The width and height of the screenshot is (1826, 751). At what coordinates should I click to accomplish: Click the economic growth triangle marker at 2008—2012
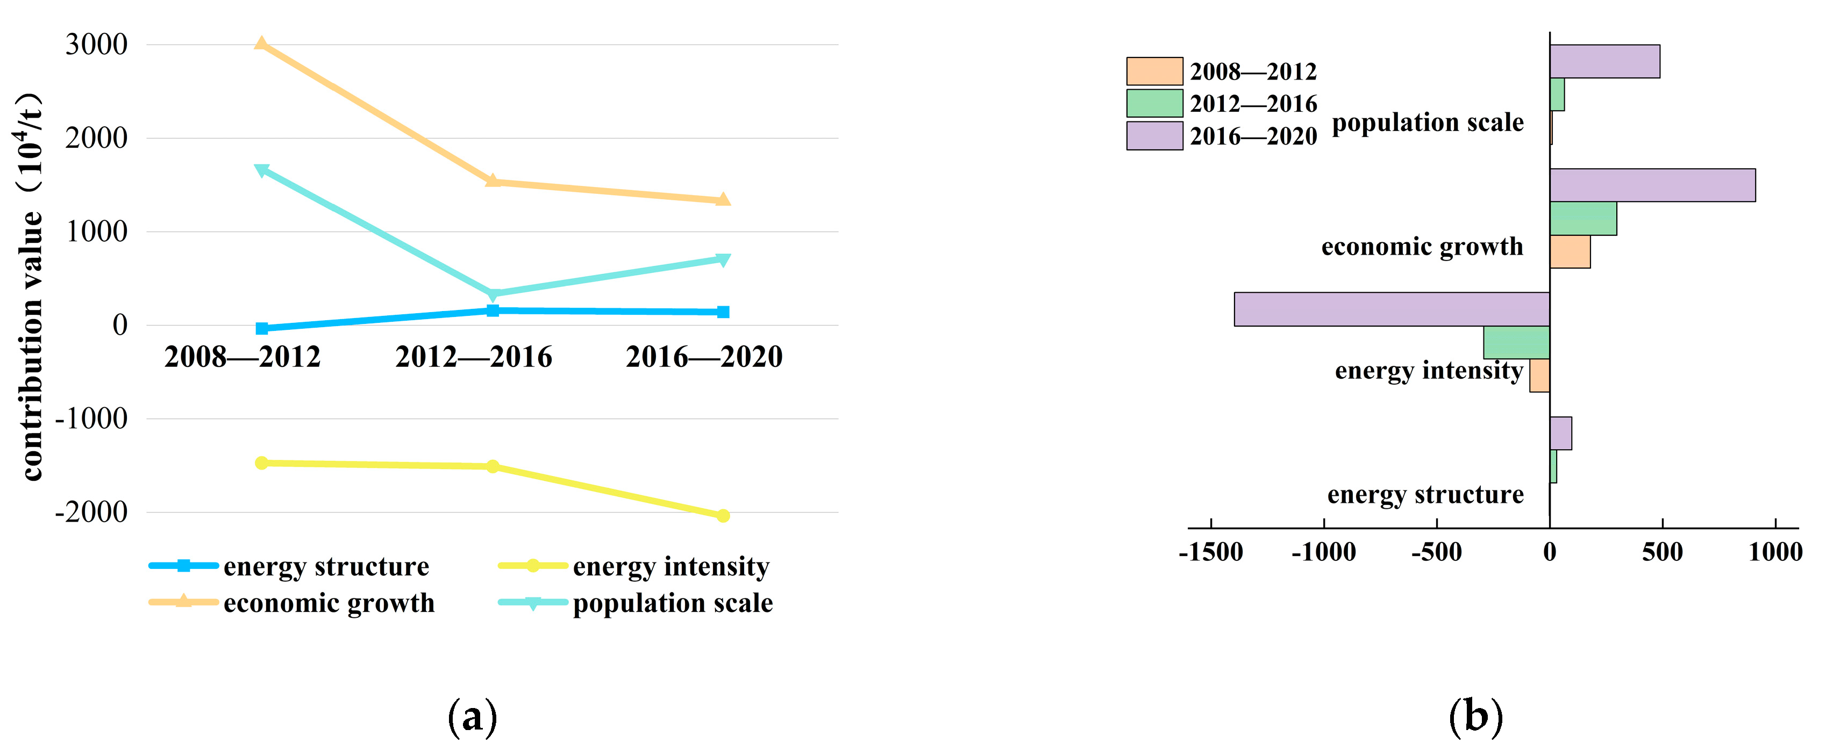point(261,45)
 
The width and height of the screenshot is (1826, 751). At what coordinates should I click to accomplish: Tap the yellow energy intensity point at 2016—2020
point(722,516)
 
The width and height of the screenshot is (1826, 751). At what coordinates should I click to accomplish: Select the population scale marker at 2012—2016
point(494,294)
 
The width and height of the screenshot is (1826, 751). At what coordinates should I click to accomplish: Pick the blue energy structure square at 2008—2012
point(261,328)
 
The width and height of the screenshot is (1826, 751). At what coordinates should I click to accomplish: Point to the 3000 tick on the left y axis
point(96,45)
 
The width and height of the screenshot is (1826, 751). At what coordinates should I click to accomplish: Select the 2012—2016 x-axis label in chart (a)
point(474,356)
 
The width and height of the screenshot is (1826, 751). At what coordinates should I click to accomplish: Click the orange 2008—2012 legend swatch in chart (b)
point(1154,71)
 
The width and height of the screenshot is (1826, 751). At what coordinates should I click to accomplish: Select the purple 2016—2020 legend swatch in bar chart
point(1154,136)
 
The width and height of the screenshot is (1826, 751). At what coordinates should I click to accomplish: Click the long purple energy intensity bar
point(1391,309)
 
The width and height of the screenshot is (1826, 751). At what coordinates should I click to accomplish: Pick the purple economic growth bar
point(1652,185)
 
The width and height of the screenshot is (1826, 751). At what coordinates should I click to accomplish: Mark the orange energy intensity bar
point(1539,376)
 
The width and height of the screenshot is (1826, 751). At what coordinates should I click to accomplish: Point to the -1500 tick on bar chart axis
point(1211,552)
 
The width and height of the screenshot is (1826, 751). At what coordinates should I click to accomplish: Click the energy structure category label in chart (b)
point(1425,495)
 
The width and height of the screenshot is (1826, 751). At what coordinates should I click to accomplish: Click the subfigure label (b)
point(1475,717)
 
